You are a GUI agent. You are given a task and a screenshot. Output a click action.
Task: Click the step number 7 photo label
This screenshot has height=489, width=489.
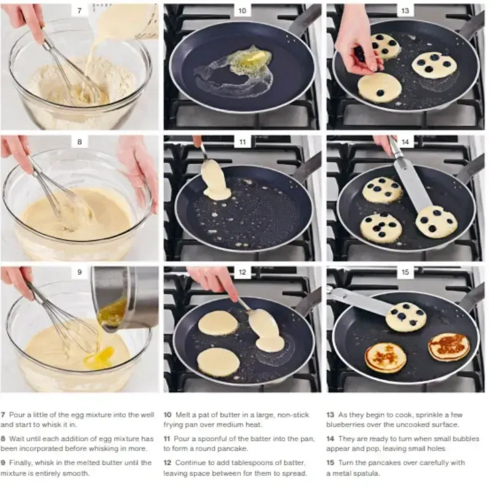(79, 10)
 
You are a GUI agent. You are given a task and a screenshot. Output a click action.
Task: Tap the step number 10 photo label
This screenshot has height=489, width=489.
(242, 10)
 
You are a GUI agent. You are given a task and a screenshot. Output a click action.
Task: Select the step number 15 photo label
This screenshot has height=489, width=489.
(405, 272)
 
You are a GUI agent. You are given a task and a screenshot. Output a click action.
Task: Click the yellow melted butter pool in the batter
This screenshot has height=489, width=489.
(100, 358)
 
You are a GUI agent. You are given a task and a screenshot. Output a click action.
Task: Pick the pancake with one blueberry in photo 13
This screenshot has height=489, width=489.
(379, 87)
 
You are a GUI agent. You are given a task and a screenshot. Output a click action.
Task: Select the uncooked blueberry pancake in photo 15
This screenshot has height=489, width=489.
(406, 317)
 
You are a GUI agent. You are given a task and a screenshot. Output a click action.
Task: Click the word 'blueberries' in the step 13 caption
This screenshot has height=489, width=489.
(344, 424)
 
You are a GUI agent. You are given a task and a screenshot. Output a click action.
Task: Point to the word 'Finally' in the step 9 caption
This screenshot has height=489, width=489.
(20, 463)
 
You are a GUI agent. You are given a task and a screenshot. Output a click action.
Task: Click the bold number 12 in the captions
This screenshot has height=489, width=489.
(167, 463)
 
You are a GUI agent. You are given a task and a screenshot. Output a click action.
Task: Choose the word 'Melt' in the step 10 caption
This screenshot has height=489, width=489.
(182, 415)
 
